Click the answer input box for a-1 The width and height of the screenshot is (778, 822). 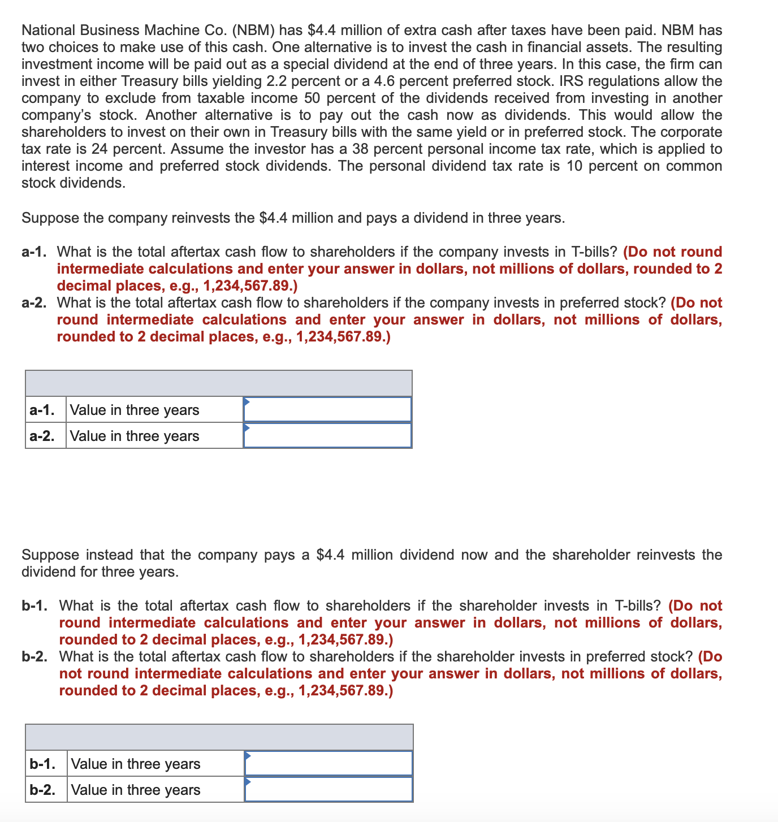pyautogui.click(x=327, y=409)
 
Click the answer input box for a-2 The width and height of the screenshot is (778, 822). pyautogui.click(x=327, y=435)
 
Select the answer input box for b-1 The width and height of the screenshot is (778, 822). pyautogui.click(x=329, y=763)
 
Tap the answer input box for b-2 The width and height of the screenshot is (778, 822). pyautogui.click(x=329, y=789)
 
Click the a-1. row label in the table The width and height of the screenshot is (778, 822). pyautogui.click(x=42, y=410)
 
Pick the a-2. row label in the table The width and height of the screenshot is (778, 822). pyautogui.click(x=42, y=436)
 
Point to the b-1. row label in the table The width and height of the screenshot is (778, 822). pyautogui.click(x=42, y=764)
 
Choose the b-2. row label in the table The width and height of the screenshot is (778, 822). pyautogui.click(x=42, y=790)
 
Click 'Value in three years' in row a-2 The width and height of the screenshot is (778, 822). pyautogui.click(x=135, y=436)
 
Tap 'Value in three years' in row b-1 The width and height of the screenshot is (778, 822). pyautogui.click(x=136, y=764)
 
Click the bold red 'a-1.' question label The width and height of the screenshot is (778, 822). pyautogui.click(x=37, y=252)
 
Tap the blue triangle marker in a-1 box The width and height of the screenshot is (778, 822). pyautogui.click(x=247, y=401)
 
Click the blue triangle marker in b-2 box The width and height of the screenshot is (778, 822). pyautogui.click(x=248, y=781)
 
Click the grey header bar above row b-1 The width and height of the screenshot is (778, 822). pyautogui.click(x=219, y=737)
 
